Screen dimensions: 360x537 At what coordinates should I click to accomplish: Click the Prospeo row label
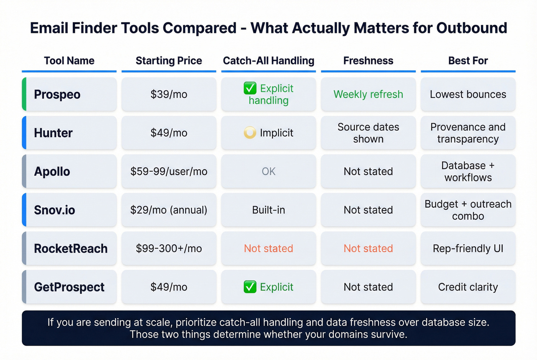pyautogui.click(x=57, y=94)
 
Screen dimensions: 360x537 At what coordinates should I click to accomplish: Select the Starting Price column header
pyautogui.click(x=169, y=61)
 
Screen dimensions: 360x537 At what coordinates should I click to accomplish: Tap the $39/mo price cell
pyautogui.click(x=169, y=94)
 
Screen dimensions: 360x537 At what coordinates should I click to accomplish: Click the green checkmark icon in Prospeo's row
pyautogui.click(x=250, y=89)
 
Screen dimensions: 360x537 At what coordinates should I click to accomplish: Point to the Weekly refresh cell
pyautogui.click(x=368, y=94)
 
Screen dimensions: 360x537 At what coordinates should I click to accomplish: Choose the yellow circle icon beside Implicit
pyautogui.click(x=250, y=133)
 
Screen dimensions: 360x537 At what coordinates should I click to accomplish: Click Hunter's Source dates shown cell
pyautogui.click(x=368, y=133)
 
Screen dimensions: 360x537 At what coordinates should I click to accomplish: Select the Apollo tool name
pyautogui.click(x=52, y=171)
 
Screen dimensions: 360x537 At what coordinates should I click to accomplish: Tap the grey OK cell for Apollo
pyautogui.click(x=268, y=171)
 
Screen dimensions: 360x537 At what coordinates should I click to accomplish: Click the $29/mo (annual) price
pyautogui.click(x=169, y=210)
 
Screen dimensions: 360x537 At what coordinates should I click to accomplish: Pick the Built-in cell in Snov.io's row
pyautogui.click(x=268, y=210)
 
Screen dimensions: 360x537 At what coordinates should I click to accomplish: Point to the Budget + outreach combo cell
pyautogui.click(x=468, y=210)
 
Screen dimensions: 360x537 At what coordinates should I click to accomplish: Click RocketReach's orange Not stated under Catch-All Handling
pyautogui.click(x=268, y=248)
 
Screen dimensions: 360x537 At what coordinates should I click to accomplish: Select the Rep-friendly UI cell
pyautogui.click(x=468, y=248)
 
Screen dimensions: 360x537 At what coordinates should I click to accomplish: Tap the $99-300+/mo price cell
pyautogui.click(x=169, y=248)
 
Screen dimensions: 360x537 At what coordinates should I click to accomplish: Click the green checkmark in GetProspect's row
pyautogui.click(x=250, y=287)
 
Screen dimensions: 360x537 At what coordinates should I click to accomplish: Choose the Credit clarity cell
pyautogui.click(x=468, y=287)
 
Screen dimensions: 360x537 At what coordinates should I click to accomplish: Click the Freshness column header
pyautogui.click(x=368, y=61)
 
